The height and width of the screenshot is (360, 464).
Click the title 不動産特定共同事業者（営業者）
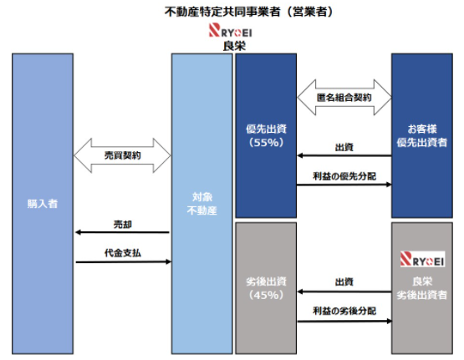point(249,13)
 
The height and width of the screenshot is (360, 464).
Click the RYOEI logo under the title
point(231,30)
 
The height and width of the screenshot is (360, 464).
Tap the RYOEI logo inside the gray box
point(422,259)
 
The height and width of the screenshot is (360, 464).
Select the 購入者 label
point(43,204)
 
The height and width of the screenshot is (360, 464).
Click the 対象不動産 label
point(202,204)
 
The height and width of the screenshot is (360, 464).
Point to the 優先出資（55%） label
point(266,135)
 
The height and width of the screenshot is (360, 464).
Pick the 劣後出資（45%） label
point(266,288)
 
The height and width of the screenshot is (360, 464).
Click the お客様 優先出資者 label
point(422,135)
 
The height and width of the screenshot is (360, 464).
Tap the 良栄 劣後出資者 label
point(422,288)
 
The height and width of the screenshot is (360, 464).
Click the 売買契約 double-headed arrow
point(122,155)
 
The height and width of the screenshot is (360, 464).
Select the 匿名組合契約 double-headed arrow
point(344,97)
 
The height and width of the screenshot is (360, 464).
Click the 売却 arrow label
point(123,225)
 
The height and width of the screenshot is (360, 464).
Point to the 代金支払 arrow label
point(123,253)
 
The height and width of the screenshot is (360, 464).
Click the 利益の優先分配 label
point(344,176)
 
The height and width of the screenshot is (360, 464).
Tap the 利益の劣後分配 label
point(344,311)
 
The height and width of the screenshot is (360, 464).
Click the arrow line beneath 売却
point(123,232)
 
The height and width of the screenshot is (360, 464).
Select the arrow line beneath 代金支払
point(124,261)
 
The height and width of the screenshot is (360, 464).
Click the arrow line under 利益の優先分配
point(344,185)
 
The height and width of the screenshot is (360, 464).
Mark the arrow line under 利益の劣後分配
point(344,321)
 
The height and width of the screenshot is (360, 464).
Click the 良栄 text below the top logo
point(234,46)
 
